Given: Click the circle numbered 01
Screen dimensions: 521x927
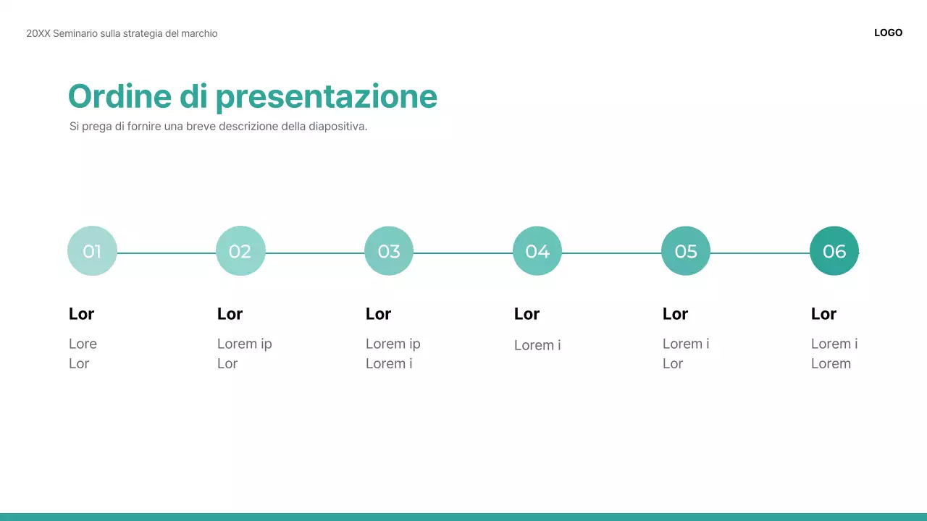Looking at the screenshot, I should [x=92, y=251].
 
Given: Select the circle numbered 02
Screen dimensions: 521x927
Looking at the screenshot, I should [x=240, y=251].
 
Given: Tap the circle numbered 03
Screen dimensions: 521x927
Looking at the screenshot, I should [x=389, y=251].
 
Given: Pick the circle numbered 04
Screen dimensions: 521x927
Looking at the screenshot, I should [x=537, y=251].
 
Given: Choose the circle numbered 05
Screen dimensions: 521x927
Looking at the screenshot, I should [x=686, y=251].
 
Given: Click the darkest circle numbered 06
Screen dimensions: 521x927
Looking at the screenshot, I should [x=834, y=251].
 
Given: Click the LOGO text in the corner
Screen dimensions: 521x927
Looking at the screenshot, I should [x=888, y=33].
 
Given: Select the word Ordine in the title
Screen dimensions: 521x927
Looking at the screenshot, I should [x=119, y=96].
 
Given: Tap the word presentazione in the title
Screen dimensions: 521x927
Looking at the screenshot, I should [x=326, y=98].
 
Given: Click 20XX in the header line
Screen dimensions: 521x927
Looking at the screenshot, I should [x=38, y=33].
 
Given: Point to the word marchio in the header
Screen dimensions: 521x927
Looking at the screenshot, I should [x=199, y=33].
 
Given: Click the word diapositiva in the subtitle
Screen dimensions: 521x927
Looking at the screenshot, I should [x=337, y=127].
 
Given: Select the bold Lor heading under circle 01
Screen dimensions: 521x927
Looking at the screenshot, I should [x=81, y=314].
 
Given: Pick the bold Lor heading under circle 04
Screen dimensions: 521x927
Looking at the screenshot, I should [x=527, y=314].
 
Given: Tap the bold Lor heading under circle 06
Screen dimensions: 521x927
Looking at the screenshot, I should [x=823, y=314].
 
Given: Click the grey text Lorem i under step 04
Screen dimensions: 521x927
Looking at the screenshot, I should [x=537, y=345].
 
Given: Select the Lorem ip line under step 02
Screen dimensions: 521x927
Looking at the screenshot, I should [x=244, y=344].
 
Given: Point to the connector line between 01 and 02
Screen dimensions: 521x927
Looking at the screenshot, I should [x=167, y=253].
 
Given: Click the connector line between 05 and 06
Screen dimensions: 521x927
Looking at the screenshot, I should [x=760, y=253].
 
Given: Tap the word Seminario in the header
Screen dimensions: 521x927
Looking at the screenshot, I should [x=76, y=33].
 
